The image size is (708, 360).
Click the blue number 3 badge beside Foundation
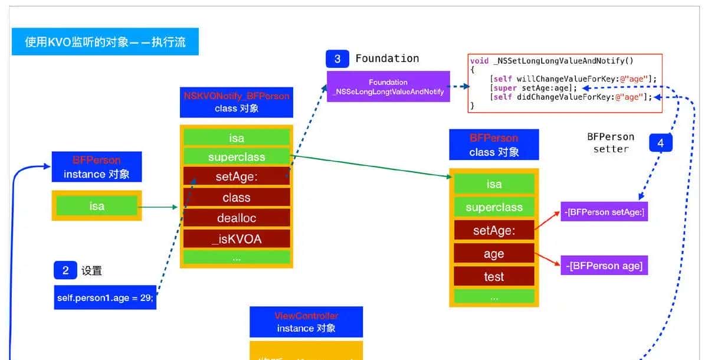pyautogui.click(x=337, y=59)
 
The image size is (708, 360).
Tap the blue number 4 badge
pyautogui.click(x=661, y=143)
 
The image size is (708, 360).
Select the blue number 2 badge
pyautogui.click(x=65, y=270)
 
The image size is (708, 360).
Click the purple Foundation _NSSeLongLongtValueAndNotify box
pyautogui.click(x=388, y=87)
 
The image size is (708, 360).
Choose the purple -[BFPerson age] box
pyautogui.click(x=604, y=266)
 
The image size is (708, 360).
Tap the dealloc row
pyautogui.click(x=237, y=218)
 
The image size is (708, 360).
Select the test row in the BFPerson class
pyautogui.click(x=494, y=276)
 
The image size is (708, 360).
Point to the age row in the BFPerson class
pyautogui.click(x=494, y=254)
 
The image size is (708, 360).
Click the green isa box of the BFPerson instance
pyautogui.click(x=97, y=206)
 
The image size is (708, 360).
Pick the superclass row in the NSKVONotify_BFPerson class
pyautogui.click(x=237, y=157)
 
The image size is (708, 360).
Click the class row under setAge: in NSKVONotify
pyautogui.click(x=237, y=198)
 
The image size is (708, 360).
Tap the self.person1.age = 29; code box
pyautogui.click(x=105, y=297)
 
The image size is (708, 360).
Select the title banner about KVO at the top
pyautogui.click(x=105, y=42)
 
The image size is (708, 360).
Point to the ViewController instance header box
pyautogui.click(x=306, y=322)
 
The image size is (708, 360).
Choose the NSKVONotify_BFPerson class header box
pyautogui.click(x=237, y=102)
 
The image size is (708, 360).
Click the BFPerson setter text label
pyautogui.click(x=611, y=143)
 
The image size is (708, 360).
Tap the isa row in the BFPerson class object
pyautogui.click(x=494, y=184)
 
